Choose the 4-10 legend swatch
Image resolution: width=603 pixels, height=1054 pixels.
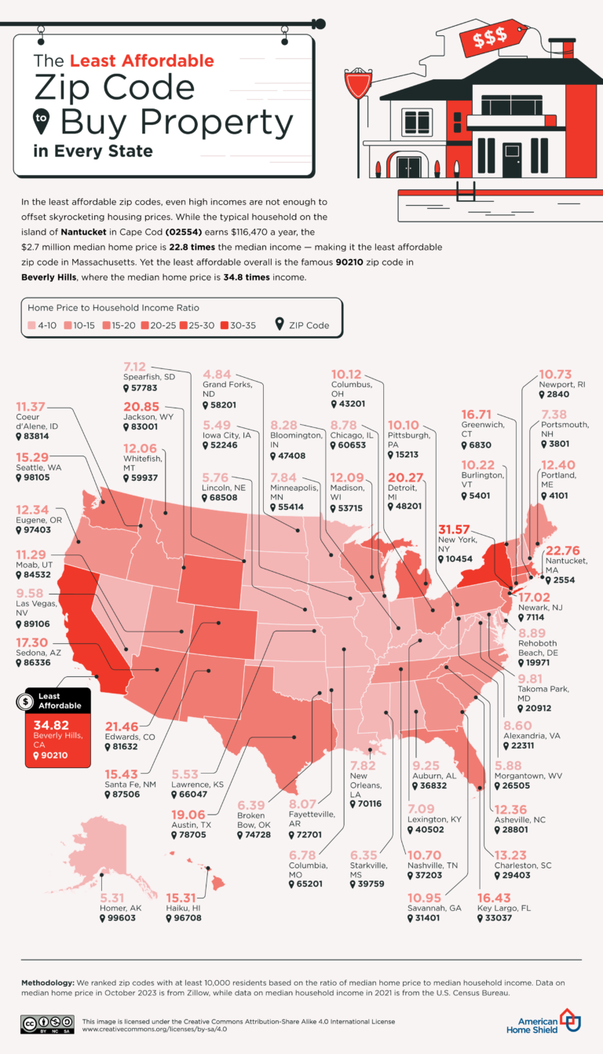point(31,325)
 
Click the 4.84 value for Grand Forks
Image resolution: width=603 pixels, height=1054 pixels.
point(221,373)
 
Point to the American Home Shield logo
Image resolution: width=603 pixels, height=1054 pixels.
point(550,1022)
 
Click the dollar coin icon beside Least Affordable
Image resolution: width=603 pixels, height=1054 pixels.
point(27,700)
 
